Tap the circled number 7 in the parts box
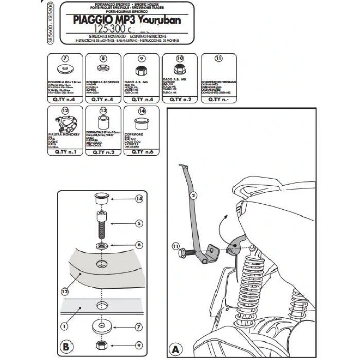pos(65,58)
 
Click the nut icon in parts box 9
pos(140,70)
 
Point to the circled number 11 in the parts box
pos(218,58)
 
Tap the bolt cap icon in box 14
pos(141,124)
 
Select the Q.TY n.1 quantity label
pos(65,153)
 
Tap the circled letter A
pos(176,349)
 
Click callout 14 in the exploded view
pos(139,199)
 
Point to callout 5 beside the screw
pos(139,223)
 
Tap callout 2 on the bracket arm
pos(193,195)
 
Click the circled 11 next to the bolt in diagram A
pos(176,247)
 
